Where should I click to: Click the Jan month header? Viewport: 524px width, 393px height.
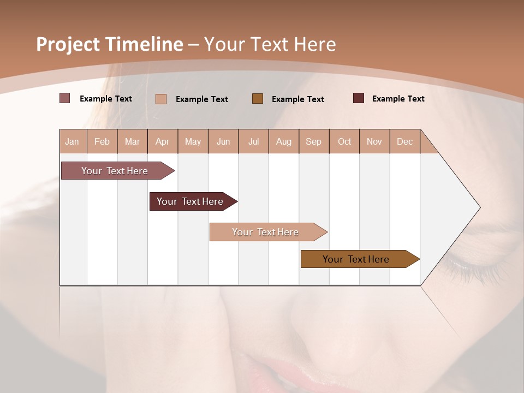tap(72, 141)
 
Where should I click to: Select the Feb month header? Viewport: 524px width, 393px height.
tap(102, 141)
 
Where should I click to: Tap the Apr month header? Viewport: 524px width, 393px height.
tap(162, 141)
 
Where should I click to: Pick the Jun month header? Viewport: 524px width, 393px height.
tap(223, 141)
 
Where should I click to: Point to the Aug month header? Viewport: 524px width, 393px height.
tap(283, 141)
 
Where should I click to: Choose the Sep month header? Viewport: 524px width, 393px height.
tap(313, 141)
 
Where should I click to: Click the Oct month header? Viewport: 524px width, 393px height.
tap(344, 141)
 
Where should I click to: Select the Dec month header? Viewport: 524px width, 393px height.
tap(404, 141)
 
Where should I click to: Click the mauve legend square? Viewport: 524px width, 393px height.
tap(64, 98)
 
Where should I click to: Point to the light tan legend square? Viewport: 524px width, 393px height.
tap(160, 99)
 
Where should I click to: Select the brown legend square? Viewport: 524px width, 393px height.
tap(258, 98)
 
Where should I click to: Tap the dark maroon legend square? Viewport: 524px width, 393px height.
tap(359, 98)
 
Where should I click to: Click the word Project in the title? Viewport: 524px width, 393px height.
tap(68, 44)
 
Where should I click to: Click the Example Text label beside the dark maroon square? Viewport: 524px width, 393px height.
tap(398, 99)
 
